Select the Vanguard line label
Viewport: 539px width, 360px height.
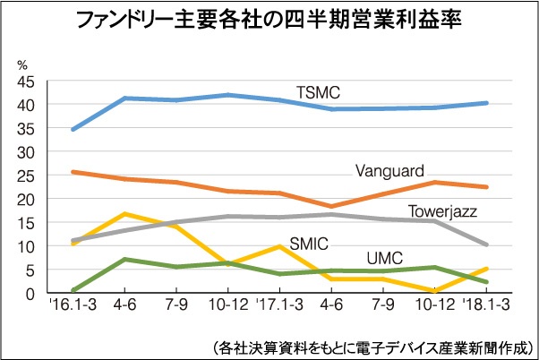tap(389, 170)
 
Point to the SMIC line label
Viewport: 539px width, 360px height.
tap(310, 244)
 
